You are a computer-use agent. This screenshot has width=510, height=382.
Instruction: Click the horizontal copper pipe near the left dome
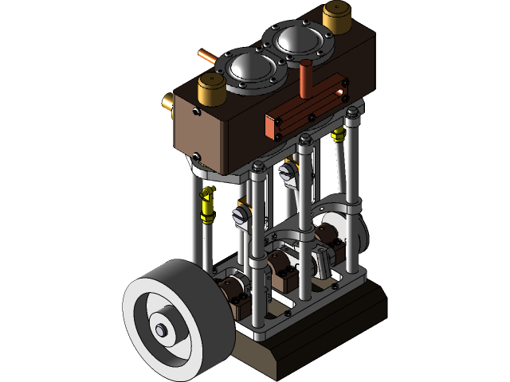click(210, 57)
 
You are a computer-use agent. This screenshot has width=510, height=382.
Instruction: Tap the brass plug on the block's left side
click(169, 102)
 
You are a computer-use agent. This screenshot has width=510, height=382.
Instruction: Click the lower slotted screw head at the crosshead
click(239, 214)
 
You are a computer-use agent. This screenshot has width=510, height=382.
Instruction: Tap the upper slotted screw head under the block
click(287, 171)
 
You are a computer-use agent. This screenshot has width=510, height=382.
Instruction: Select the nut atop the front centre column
click(258, 167)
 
